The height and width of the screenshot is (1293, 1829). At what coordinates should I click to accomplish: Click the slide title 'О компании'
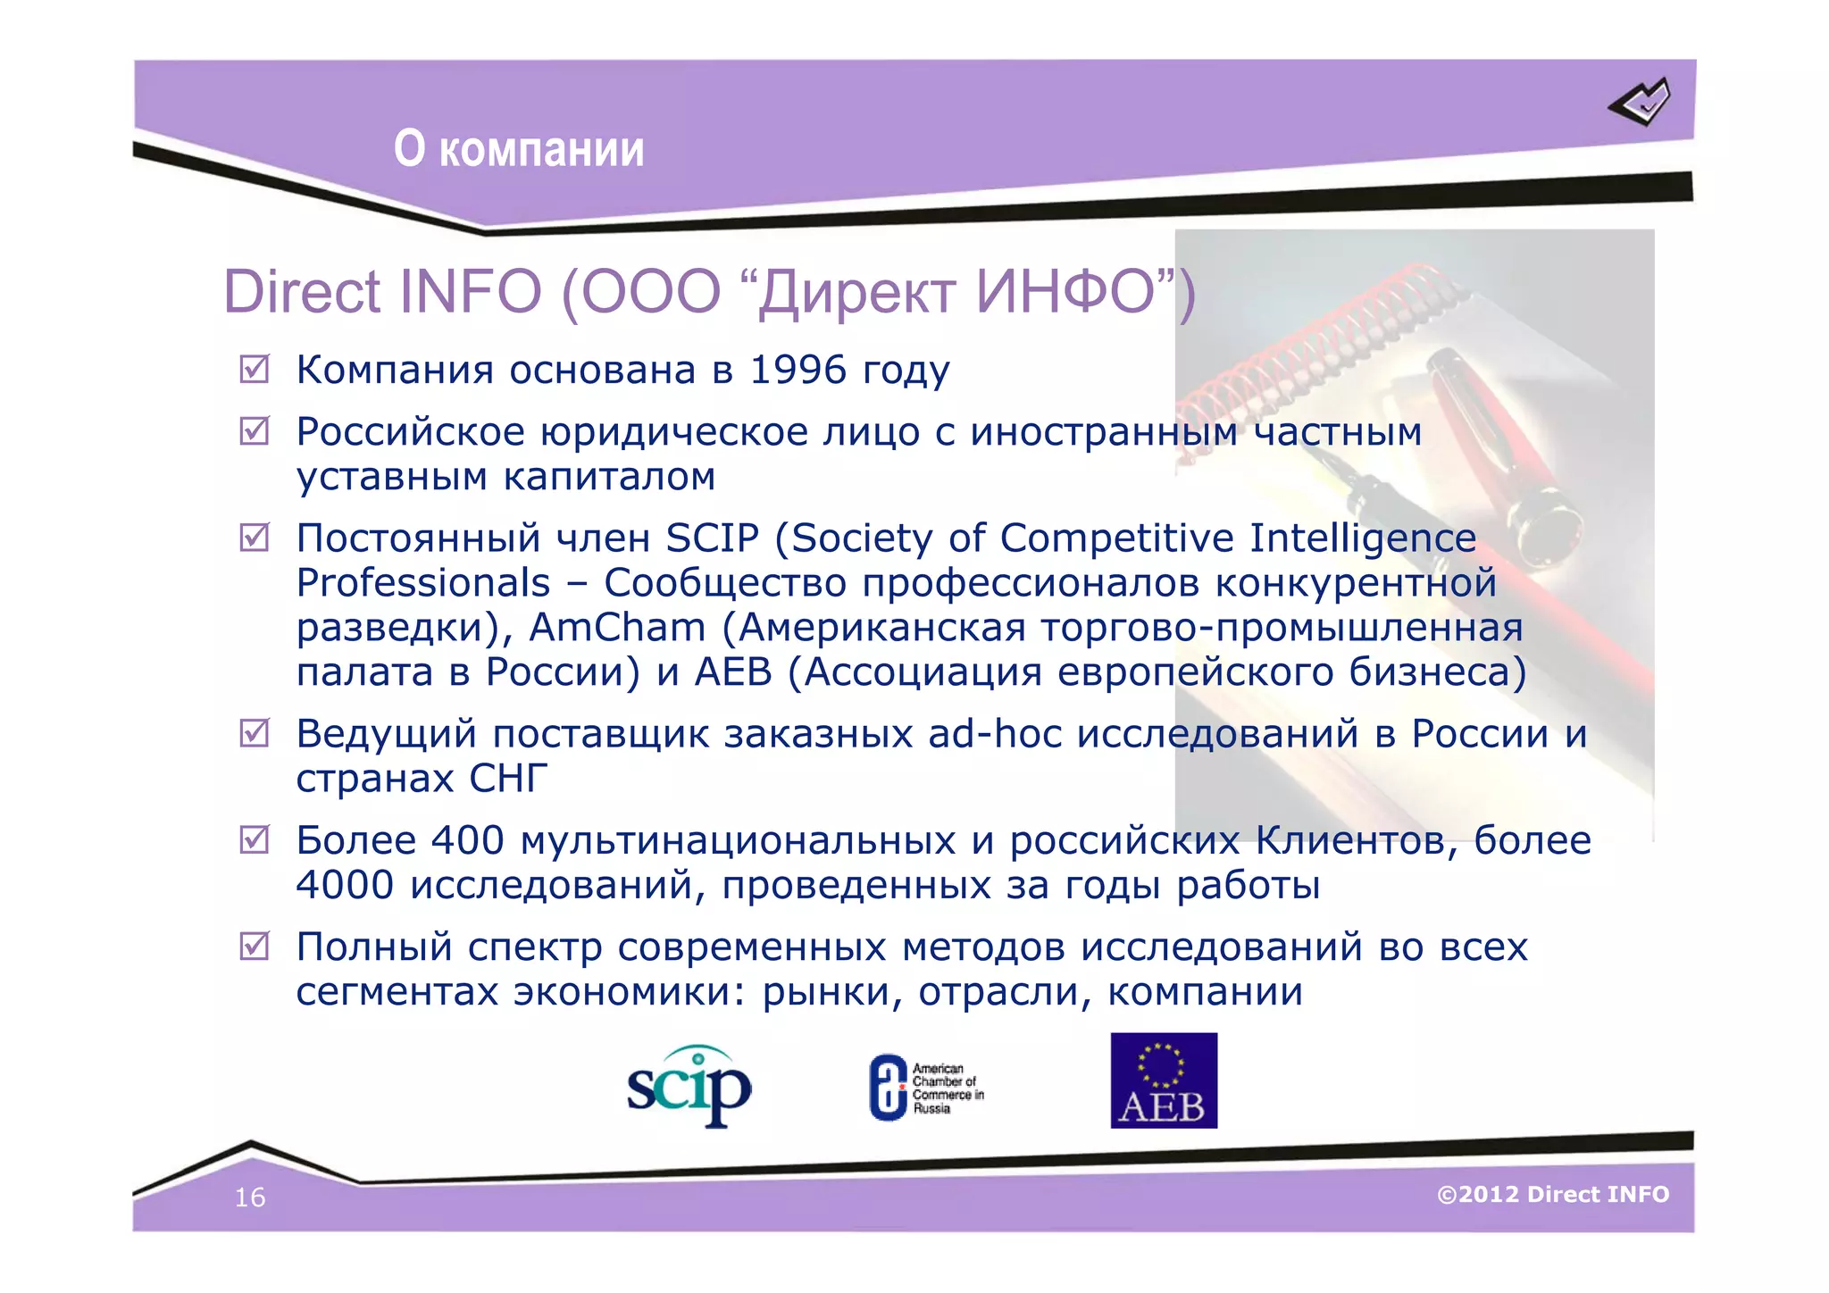(x=519, y=148)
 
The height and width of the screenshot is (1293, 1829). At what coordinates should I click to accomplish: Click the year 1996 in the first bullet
(x=798, y=370)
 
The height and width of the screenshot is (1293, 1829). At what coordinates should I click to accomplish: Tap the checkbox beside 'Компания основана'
(x=255, y=369)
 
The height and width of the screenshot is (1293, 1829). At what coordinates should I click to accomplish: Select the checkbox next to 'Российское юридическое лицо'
(x=255, y=431)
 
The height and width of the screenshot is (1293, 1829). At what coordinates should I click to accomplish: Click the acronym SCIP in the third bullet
(x=712, y=538)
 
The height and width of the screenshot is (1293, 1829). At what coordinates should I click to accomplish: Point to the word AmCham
(x=617, y=627)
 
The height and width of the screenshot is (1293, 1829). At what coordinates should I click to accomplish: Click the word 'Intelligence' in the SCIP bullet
(x=1362, y=538)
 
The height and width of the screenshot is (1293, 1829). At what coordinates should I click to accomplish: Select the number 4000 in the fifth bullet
(x=345, y=885)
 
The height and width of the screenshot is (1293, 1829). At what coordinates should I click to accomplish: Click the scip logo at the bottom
(x=689, y=1086)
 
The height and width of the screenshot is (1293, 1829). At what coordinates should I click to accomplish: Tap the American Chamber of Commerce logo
(x=926, y=1088)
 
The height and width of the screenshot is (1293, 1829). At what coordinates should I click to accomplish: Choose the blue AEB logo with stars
(x=1163, y=1080)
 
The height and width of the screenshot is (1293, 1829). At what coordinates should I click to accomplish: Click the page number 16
(x=250, y=1197)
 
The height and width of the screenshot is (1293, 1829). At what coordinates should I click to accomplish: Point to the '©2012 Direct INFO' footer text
(x=1552, y=1194)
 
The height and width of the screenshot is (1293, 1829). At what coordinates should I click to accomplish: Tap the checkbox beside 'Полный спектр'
(x=255, y=946)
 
